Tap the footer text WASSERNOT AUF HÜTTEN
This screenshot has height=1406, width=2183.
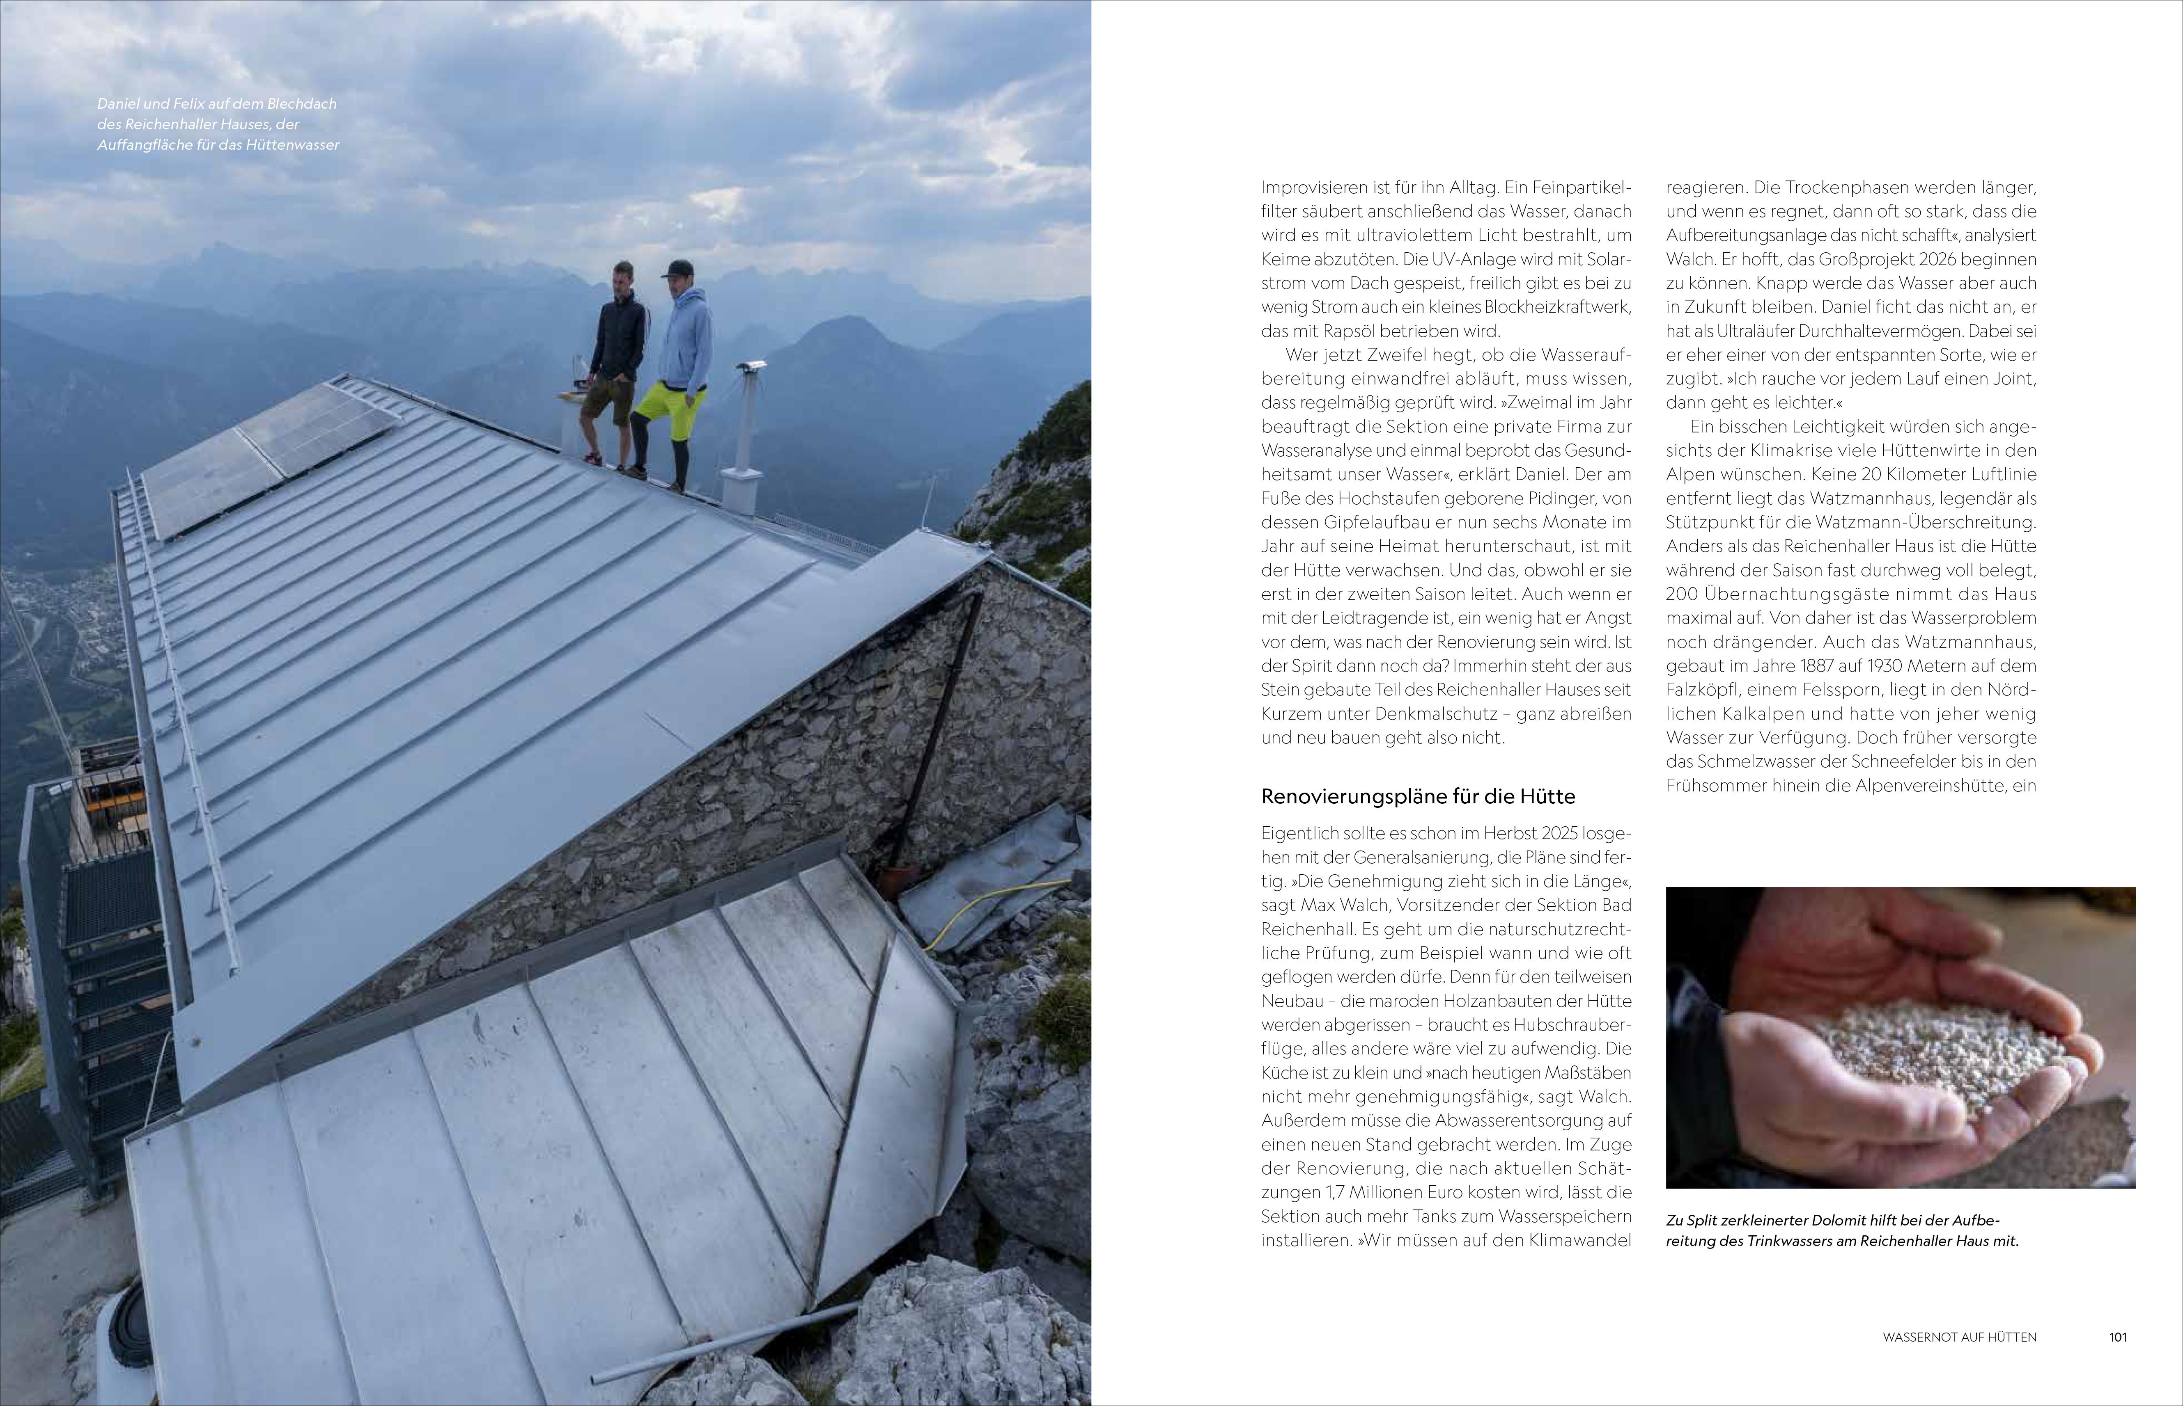coord(1959,1337)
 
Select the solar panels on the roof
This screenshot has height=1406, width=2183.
coord(265,457)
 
